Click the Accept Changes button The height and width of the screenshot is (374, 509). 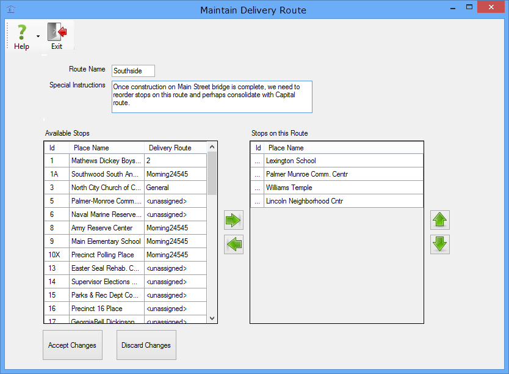pyautogui.click(x=73, y=345)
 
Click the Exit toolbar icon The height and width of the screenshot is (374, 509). pyautogui.click(x=57, y=32)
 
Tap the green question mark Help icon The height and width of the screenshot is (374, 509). pyautogui.click(x=22, y=32)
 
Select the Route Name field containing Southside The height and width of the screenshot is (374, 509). pyautogui.click(x=133, y=71)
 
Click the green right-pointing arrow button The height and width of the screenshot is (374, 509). pyautogui.click(x=233, y=221)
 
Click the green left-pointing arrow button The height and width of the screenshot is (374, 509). pyautogui.click(x=233, y=244)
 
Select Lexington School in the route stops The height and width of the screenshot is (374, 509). pyautogui.click(x=291, y=161)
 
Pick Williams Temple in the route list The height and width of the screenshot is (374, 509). pyautogui.click(x=289, y=188)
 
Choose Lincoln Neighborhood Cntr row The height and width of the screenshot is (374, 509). pyautogui.click(x=305, y=201)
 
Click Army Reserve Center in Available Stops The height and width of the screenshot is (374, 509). pyautogui.click(x=102, y=228)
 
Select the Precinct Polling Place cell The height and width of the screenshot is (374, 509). pyautogui.click(x=103, y=255)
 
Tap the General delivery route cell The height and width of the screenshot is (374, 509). pyautogui.click(x=157, y=188)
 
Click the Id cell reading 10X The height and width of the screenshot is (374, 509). pyautogui.click(x=54, y=255)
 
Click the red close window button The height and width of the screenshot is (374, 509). pyautogui.click(x=491, y=7)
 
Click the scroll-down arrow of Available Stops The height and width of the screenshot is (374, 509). pyautogui.click(x=212, y=318)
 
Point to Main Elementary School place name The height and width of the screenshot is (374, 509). pyautogui.click(x=106, y=241)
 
